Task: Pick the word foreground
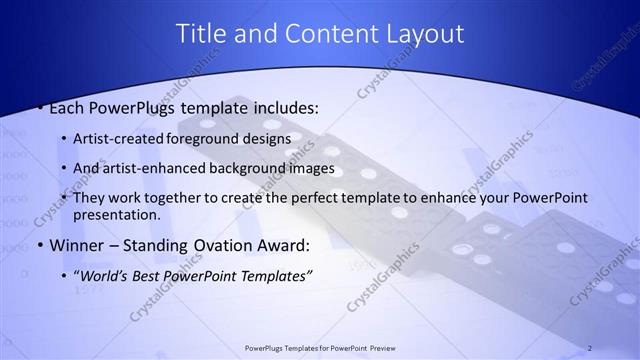204,138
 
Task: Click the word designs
266,138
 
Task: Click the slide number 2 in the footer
590,348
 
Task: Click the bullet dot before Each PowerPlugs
39,107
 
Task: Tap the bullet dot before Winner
39,246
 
